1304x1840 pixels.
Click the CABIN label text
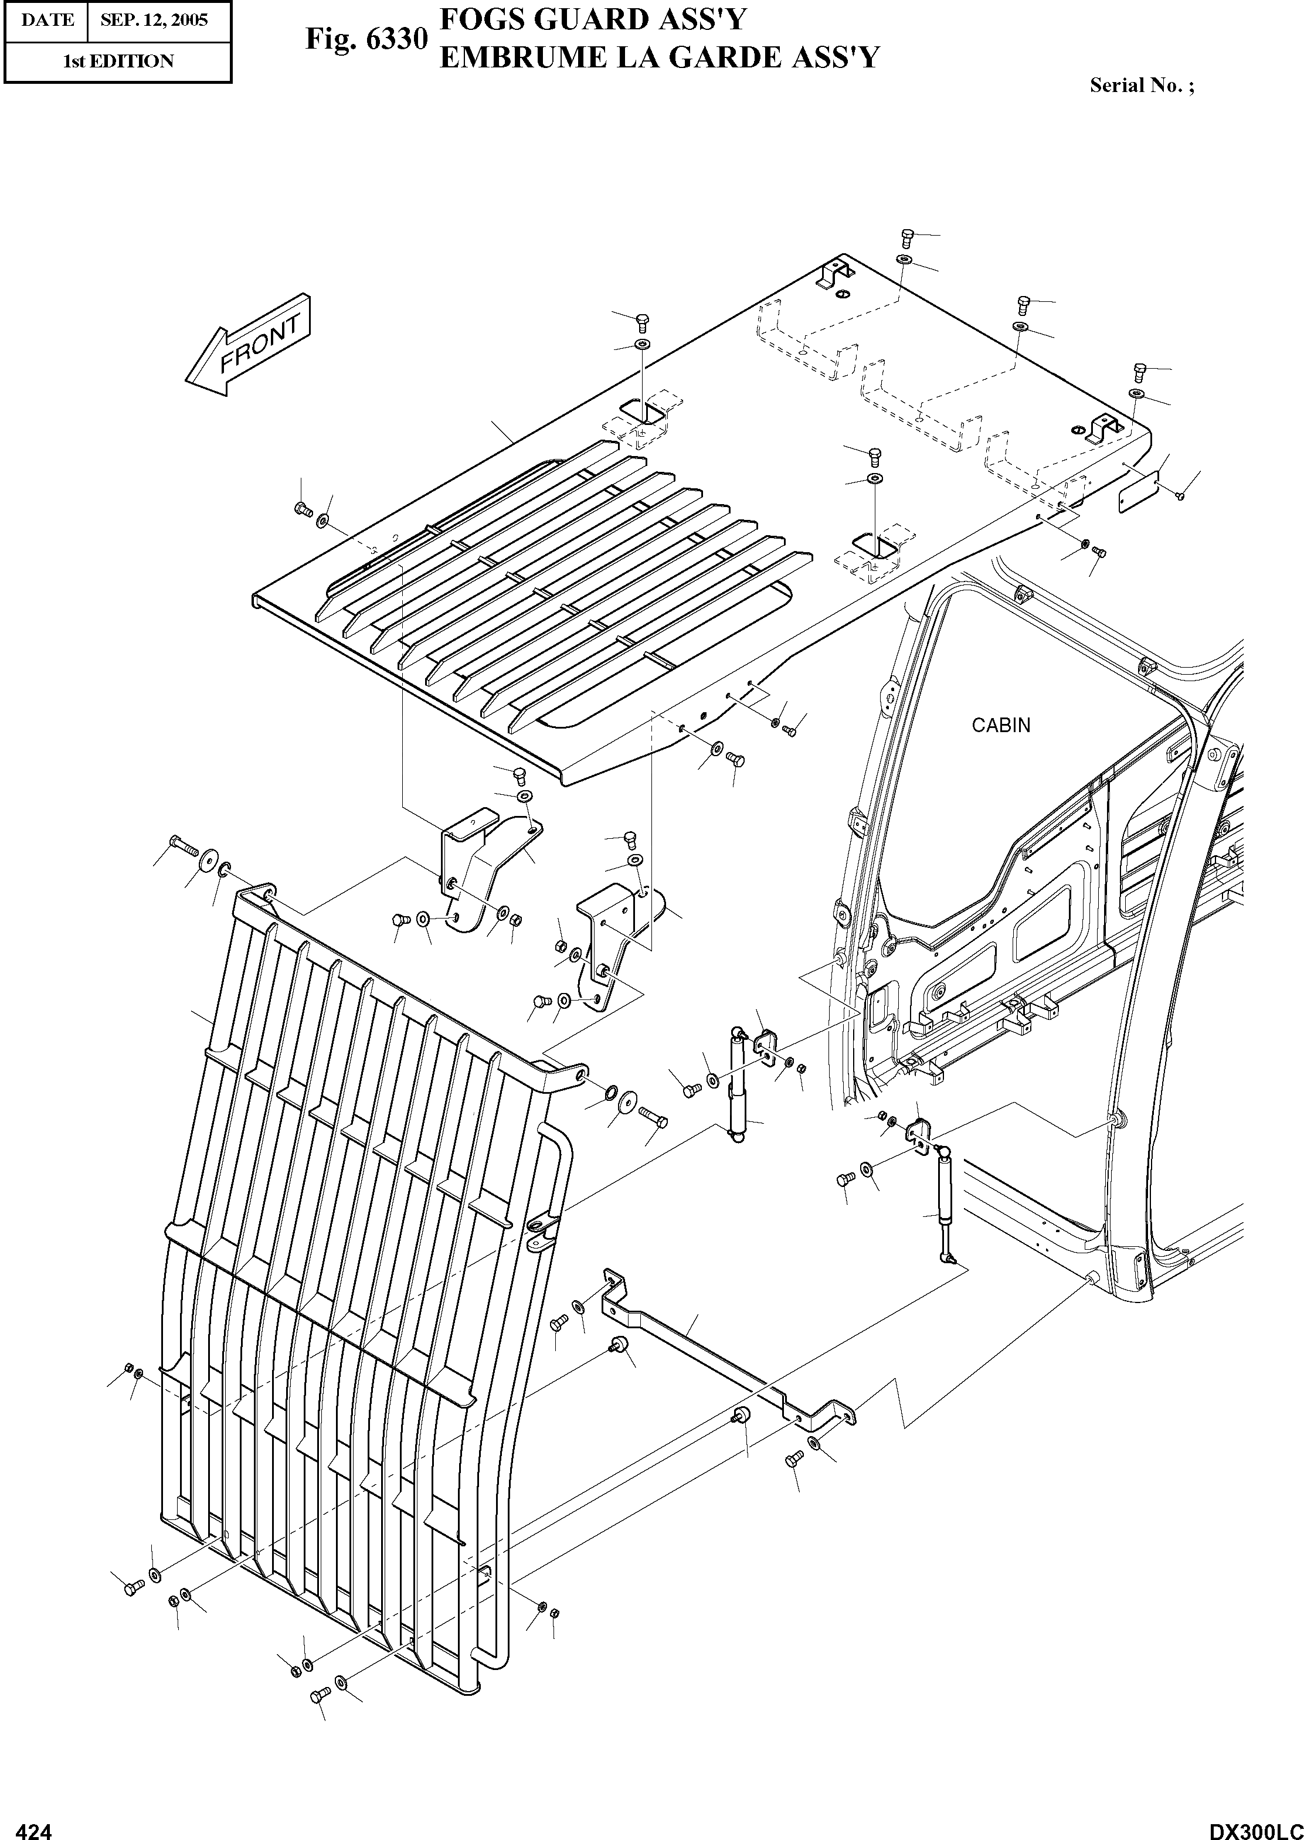coord(1000,725)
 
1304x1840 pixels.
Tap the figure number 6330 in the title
coord(396,39)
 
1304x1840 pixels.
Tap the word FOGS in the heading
coord(480,19)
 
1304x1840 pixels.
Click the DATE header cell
coord(46,20)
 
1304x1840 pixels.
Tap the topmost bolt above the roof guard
coord(907,236)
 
